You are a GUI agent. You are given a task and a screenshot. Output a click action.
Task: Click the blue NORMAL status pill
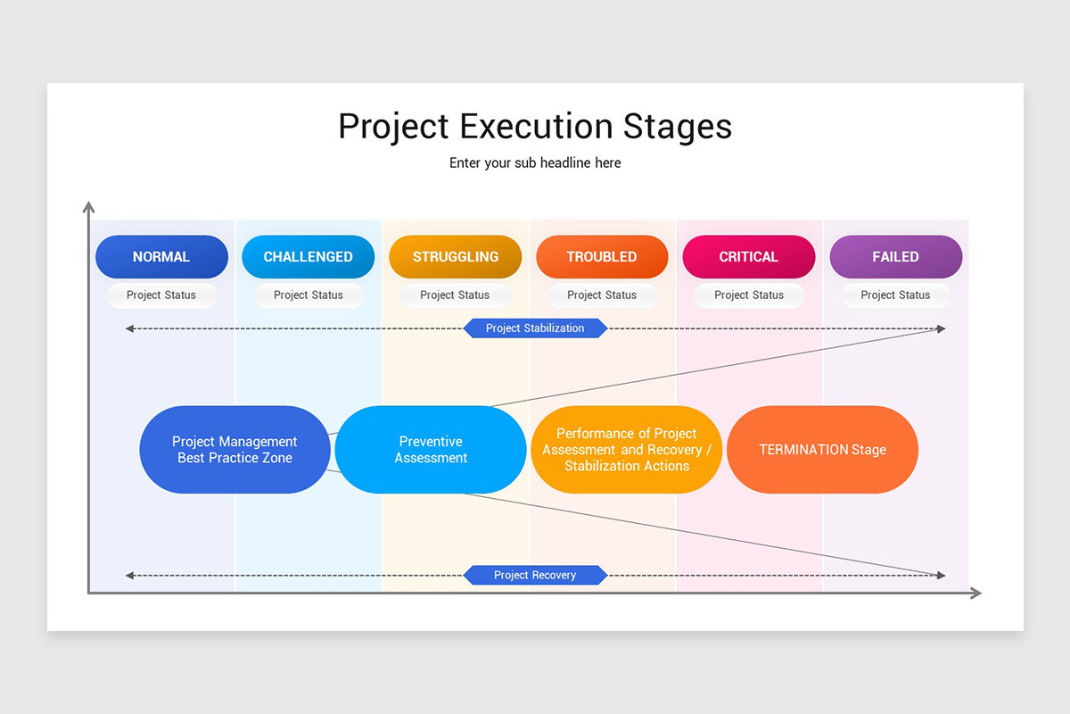coord(161,257)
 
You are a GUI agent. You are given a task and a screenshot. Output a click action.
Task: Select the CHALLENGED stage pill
coord(308,257)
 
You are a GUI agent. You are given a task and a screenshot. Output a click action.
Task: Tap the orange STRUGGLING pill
coord(455,257)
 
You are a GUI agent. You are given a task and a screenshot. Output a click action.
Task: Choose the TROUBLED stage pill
coord(602,257)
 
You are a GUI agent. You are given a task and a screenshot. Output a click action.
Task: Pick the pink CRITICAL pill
coord(749,257)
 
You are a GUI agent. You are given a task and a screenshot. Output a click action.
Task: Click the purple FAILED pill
coord(895,257)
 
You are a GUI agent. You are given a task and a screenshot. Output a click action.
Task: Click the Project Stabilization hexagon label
coord(535,328)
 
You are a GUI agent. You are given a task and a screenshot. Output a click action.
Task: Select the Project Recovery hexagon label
coord(535,576)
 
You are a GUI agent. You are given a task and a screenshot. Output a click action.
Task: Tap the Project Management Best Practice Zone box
coord(235,450)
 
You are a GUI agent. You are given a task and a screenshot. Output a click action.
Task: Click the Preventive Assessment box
coord(431,450)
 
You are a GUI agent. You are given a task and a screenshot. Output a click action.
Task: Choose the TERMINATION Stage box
coord(822,450)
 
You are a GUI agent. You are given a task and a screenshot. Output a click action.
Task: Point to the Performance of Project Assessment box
coord(626,450)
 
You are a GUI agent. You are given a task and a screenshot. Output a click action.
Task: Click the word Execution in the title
coord(537,127)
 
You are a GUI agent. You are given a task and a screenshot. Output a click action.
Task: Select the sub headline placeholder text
coord(535,163)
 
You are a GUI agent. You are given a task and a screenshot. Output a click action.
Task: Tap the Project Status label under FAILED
coord(895,295)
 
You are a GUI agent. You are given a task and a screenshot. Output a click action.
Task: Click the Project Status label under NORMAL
coord(161,295)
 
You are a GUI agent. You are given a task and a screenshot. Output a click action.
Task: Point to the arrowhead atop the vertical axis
coord(88,207)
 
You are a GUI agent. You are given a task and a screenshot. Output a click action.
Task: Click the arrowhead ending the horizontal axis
coord(975,593)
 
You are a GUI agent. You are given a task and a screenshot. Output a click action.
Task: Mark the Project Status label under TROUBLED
coord(602,295)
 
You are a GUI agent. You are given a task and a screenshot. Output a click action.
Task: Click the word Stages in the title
coord(678,127)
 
